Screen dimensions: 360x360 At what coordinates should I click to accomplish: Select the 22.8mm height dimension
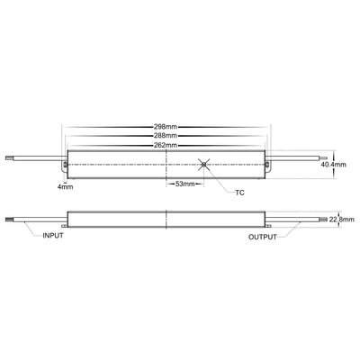point(341,219)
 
